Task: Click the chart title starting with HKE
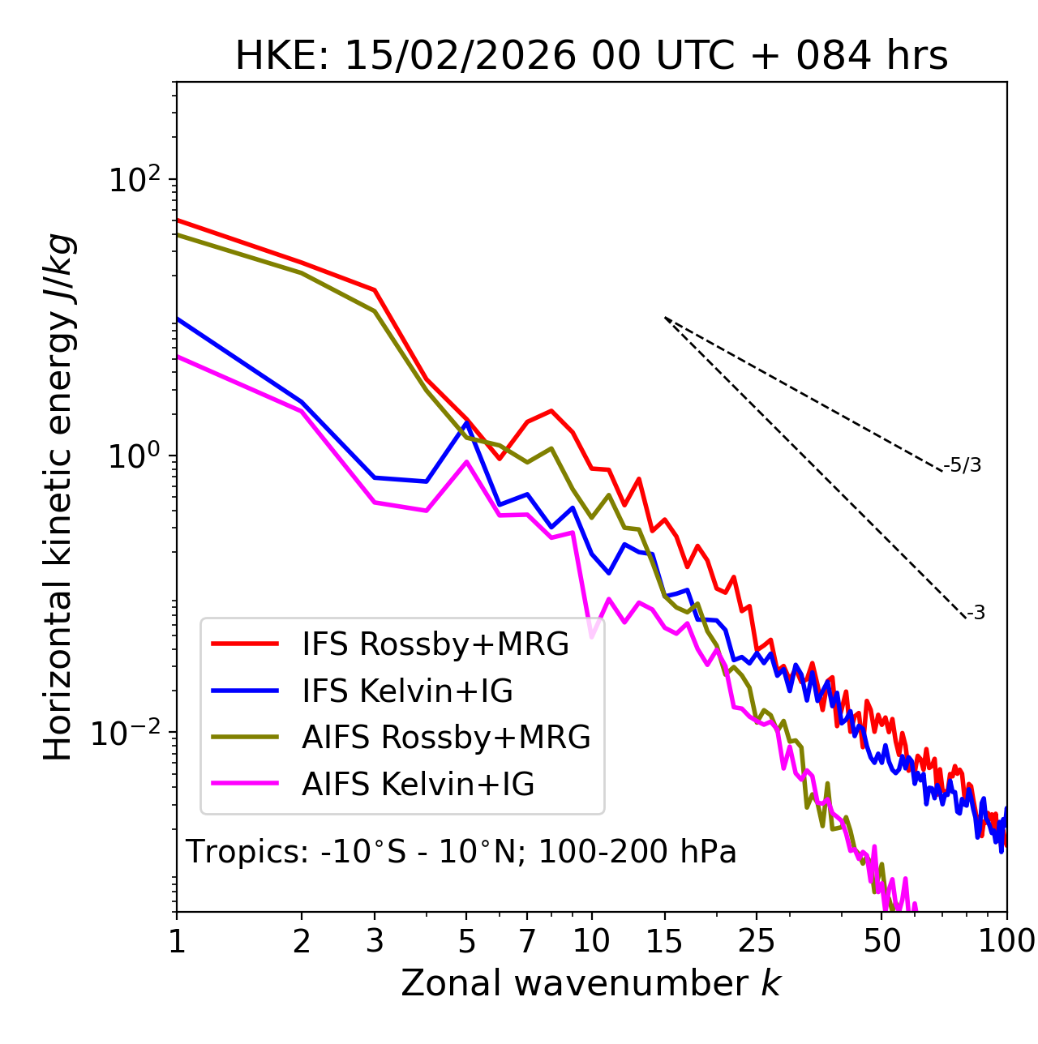[591, 56]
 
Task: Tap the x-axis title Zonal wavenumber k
[591, 982]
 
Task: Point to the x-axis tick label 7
[527, 940]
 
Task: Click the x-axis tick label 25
[756, 940]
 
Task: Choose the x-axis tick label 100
[1006, 940]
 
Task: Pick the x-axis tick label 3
[375, 940]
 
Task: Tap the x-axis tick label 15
[664, 940]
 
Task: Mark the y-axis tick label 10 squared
[136, 180]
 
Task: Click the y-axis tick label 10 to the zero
[136, 456]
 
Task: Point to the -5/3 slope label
[963, 465]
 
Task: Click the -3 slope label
[976, 613]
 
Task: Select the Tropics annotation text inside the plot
[461, 852]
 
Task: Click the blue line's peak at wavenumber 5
[466, 422]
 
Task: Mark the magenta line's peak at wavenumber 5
[466, 462]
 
